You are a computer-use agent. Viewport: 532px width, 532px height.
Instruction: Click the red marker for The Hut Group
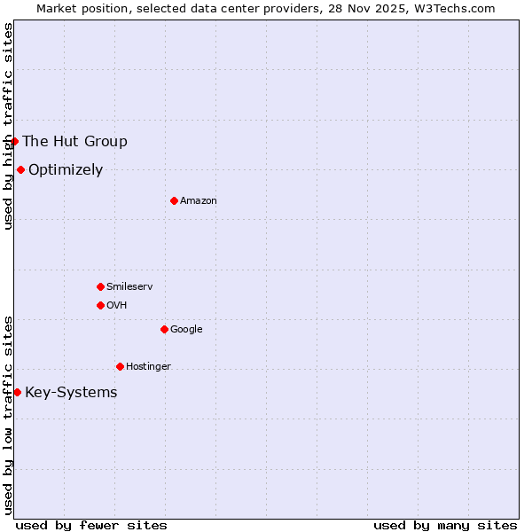click(14, 141)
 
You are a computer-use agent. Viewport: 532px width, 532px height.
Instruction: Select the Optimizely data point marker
click(20, 169)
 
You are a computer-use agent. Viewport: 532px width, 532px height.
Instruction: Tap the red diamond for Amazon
click(174, 200)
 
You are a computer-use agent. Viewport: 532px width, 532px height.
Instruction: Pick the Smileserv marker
click(100, 286)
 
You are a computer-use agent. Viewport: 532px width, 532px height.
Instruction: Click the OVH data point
click(100, 305)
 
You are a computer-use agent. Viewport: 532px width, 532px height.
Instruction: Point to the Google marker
click(164, 329)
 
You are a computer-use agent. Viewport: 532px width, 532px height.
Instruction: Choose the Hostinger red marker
click(120, 366)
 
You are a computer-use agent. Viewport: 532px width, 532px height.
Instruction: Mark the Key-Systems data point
click(17, 392)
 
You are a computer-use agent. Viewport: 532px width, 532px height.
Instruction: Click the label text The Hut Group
click(74, 141)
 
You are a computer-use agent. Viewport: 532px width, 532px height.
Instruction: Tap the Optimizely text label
click(66, 169)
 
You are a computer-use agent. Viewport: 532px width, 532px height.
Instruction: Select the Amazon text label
click(199, 201)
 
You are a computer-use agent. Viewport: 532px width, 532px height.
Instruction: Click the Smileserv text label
click(129, 287)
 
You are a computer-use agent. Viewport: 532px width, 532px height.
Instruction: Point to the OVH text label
click(117, 306)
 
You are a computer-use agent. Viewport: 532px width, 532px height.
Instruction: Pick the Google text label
click(186, 330)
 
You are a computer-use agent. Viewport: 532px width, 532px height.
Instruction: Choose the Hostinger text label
click(148, 367)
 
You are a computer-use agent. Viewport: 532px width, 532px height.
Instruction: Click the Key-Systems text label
click(71, 393)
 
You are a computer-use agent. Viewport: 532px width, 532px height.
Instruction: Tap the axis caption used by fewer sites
click(91, 525)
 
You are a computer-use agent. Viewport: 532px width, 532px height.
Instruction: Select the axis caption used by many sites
click(445, 525)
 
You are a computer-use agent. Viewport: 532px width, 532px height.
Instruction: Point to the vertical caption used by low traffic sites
click(8, 414)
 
